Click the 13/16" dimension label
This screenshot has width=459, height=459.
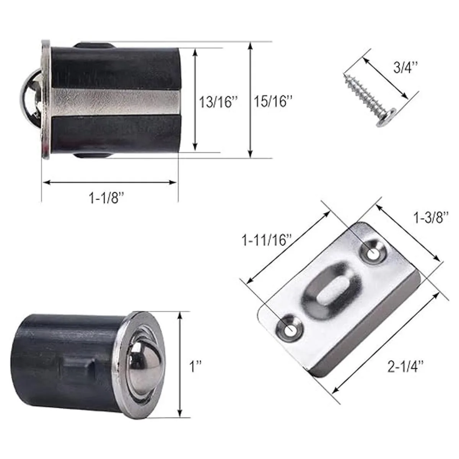click(219, 102)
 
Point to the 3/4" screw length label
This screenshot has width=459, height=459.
click(405, 67)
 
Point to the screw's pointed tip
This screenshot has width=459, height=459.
click(345, 75)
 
